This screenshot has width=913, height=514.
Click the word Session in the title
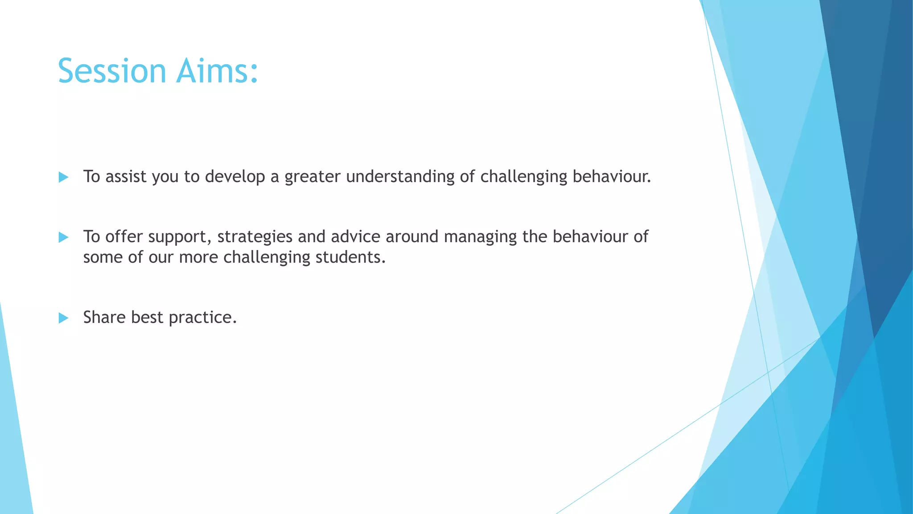point(112,71)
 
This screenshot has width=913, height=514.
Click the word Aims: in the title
point(217,71)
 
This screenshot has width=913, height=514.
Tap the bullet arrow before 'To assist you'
point(63,178)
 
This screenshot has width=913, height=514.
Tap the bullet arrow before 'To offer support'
point(63,237)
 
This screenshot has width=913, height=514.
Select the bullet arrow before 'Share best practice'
point(63,318)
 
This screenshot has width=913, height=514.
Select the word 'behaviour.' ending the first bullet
point(612,177)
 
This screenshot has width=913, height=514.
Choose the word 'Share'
point(104,317)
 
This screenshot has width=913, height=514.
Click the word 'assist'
point(126,177)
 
